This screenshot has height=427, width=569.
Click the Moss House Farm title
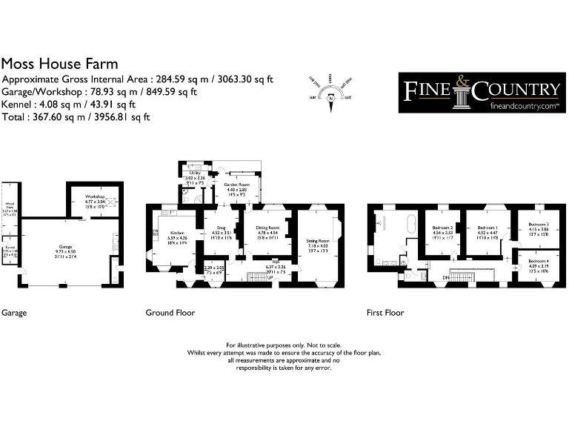(x=60, y=64)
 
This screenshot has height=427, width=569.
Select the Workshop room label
(x=94, y=197)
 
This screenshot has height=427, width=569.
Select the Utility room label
(x=195, y=173)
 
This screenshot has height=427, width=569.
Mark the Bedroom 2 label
(x=442, y=228)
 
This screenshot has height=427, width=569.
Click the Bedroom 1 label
(x=487, y=228)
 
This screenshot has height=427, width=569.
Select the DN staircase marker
(x=446, y=277)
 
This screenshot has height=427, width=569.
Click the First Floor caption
(x=385, y=313)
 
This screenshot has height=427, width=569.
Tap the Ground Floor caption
(x=170, y=313)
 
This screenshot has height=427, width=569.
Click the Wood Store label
(x=10, y=208)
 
